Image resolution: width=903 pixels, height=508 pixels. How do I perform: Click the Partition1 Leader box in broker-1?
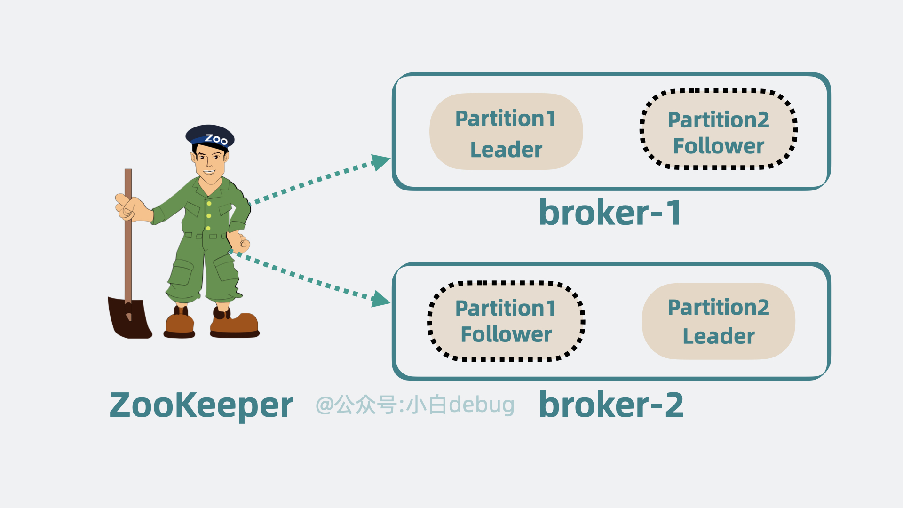coord(506,132)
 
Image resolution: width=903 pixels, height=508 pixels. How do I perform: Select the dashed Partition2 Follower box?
coord(718,129)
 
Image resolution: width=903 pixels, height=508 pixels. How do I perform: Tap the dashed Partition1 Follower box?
coord(506,322)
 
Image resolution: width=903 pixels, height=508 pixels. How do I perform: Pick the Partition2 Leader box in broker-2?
coord(718,321)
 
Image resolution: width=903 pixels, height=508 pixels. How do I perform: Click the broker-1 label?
coord(610,213)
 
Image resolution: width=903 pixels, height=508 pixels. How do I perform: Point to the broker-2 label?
coord(611,405)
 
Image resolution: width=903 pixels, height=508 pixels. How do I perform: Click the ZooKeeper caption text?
coord(201,405)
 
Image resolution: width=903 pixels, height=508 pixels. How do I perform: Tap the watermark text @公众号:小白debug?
coord(415,405)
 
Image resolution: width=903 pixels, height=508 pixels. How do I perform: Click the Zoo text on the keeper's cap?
coord(216,139)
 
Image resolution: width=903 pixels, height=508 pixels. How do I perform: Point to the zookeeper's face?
coord(210,162)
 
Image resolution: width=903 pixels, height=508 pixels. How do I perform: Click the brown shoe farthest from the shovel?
coord(235,324)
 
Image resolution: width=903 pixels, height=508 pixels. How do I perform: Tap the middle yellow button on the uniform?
coord(208,216)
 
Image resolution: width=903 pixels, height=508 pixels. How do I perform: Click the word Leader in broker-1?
coord(506,150)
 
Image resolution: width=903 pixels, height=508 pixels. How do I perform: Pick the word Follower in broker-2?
coord(506,334)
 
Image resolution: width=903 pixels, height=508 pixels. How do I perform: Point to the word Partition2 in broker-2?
coord(718,308)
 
